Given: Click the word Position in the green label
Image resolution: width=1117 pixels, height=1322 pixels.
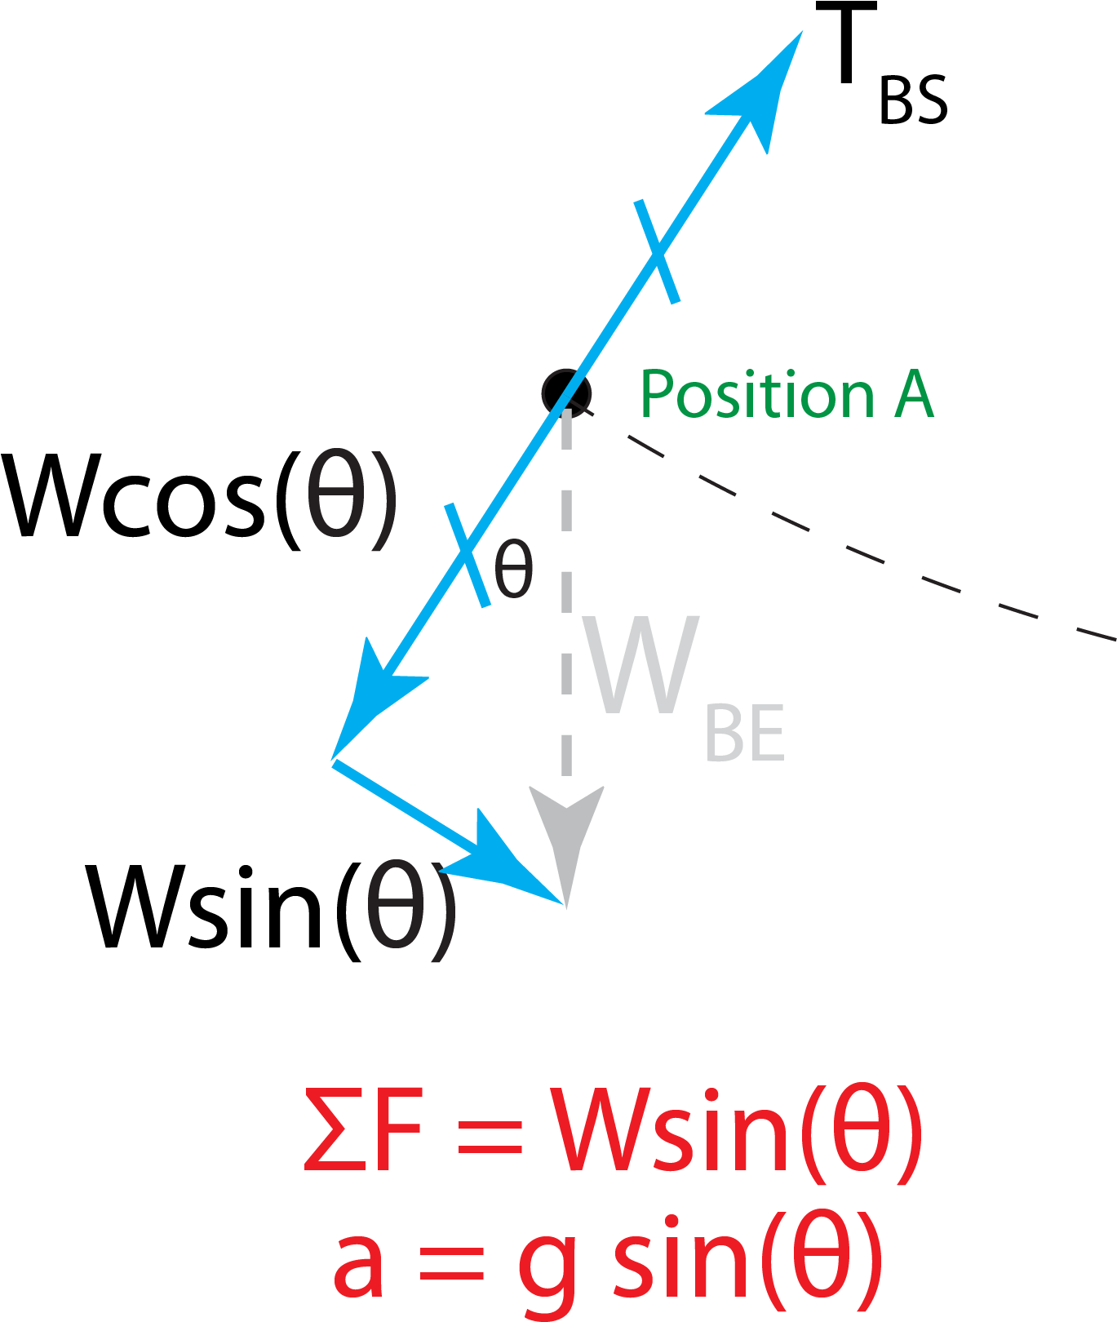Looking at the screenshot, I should tap(757, 395).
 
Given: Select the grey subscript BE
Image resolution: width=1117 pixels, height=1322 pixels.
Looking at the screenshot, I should tap(744, 734).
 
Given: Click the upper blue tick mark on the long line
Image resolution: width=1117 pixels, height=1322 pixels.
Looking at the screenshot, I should tap(657, 251).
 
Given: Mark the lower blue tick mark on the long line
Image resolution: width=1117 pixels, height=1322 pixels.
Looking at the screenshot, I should tap(468, 555).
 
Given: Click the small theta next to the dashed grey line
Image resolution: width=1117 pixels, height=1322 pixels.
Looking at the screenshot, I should tap(514, 569).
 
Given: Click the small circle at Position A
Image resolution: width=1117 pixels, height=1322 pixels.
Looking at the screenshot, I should tap(566, 393).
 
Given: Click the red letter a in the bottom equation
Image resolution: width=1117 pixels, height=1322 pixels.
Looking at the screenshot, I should tap(359, 1261).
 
